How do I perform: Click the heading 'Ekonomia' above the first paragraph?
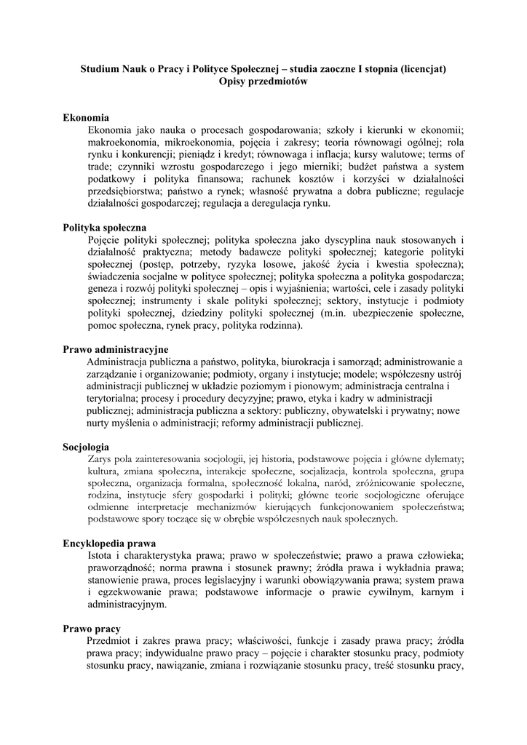(86, 117)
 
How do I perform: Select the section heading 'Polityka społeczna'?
(105, 228)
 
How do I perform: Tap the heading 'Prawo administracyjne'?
(115, 350)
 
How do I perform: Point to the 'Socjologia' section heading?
(86, 447)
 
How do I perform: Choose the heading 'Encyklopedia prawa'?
(109, 543)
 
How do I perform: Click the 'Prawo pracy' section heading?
(92, 629)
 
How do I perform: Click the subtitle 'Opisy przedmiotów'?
(263, 82)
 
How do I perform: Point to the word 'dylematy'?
(444, 458)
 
